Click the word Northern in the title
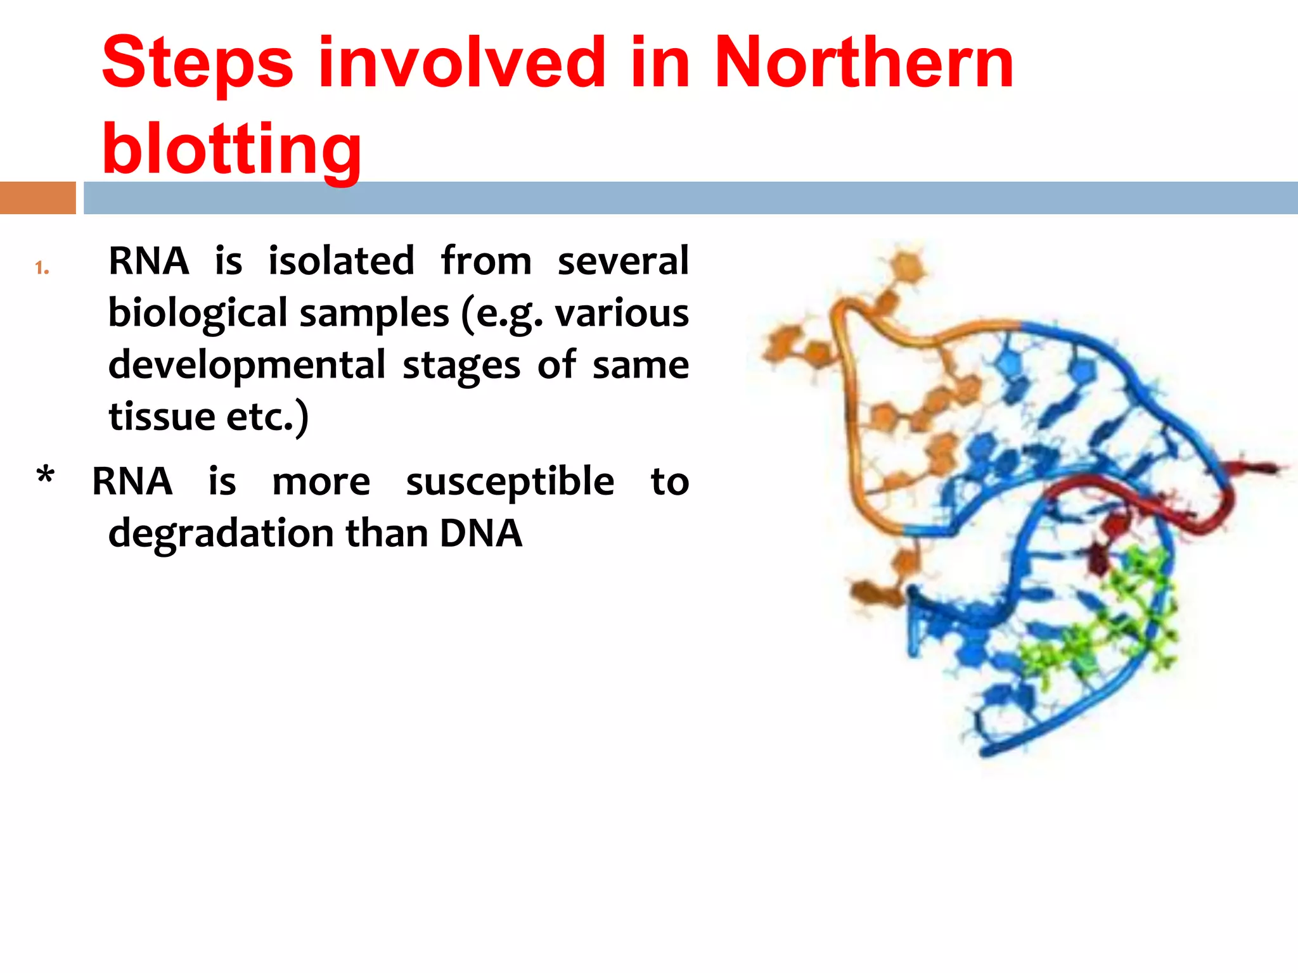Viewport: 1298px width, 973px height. pyautogui.click(x=863, y=63)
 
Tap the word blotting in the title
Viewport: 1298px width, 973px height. pyautogui.click(x=231, y=149)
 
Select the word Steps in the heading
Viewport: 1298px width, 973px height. pyautogui.click(x=197, y=63)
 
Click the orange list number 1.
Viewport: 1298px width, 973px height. pyautogui.click(x=42, y=268)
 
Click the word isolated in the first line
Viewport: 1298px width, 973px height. pyautogui.click(x=341, y=261)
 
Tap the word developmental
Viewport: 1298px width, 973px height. pyautogui.click(x=247, y=366)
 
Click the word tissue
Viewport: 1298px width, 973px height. pyautogui.click(x=162, y=417)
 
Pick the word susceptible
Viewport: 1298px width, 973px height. pyautogui.click(x=510, y=481)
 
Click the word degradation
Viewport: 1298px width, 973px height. pyautogui.click(x=221, y=533)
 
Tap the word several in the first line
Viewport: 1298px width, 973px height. pyautogui.click(x=622, y=261)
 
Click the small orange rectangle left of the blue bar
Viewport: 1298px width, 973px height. pyautogui.click(x=37, y=198)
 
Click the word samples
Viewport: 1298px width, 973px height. pyautogui.click(x=374, y=314)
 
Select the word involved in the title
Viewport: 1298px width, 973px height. pyautogui.click(x=461, y=63)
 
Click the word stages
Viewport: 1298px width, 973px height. pyautogui.click(x=461, y=366)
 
